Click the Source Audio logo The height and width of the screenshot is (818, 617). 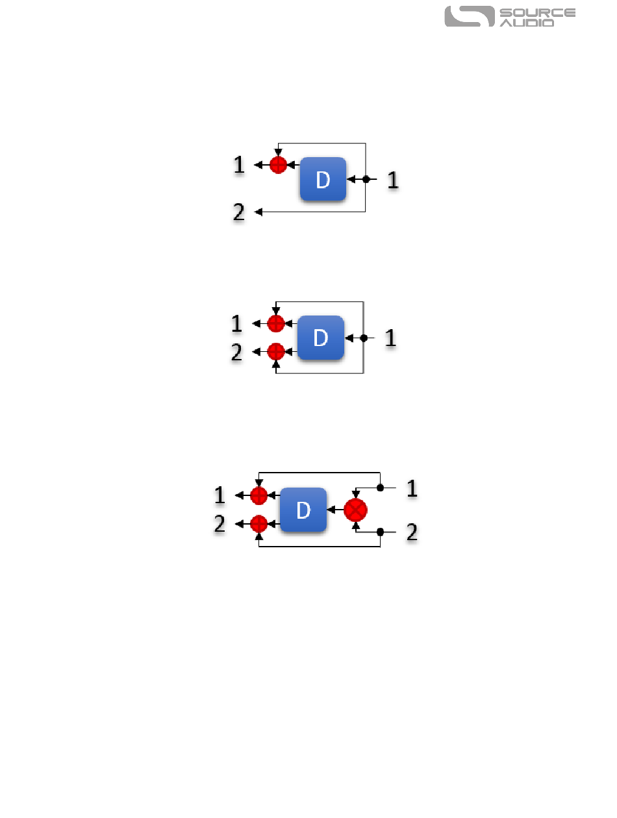pos(510,17)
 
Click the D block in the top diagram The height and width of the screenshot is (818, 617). pos(322,179)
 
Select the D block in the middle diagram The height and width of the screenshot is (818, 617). pos(320,338)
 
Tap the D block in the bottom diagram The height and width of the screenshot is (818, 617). pos(303,510)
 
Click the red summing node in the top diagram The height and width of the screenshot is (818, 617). pos(278,165)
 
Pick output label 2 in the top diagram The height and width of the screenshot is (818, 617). pos(239,212)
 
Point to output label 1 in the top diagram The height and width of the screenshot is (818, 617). pos(239,165)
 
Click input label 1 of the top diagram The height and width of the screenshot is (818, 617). pos(392,180)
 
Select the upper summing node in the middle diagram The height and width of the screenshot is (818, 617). pos(276,323)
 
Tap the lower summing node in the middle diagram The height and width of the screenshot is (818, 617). pos(276,352)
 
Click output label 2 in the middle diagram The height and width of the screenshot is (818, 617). pos(237,352)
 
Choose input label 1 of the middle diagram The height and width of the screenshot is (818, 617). pos(390,338)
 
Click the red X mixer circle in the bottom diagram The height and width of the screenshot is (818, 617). pos(355,510)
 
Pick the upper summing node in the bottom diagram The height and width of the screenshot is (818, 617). pos(258,496)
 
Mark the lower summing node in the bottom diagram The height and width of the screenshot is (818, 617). pos(258,523)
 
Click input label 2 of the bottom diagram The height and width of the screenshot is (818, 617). pos(411,533)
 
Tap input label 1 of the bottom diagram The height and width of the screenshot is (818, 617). pos(411,488)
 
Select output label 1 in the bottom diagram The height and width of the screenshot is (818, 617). pos(220,496)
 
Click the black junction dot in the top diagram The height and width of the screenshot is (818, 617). pos(366,179)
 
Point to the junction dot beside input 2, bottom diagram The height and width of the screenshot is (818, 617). pos(381,532)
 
